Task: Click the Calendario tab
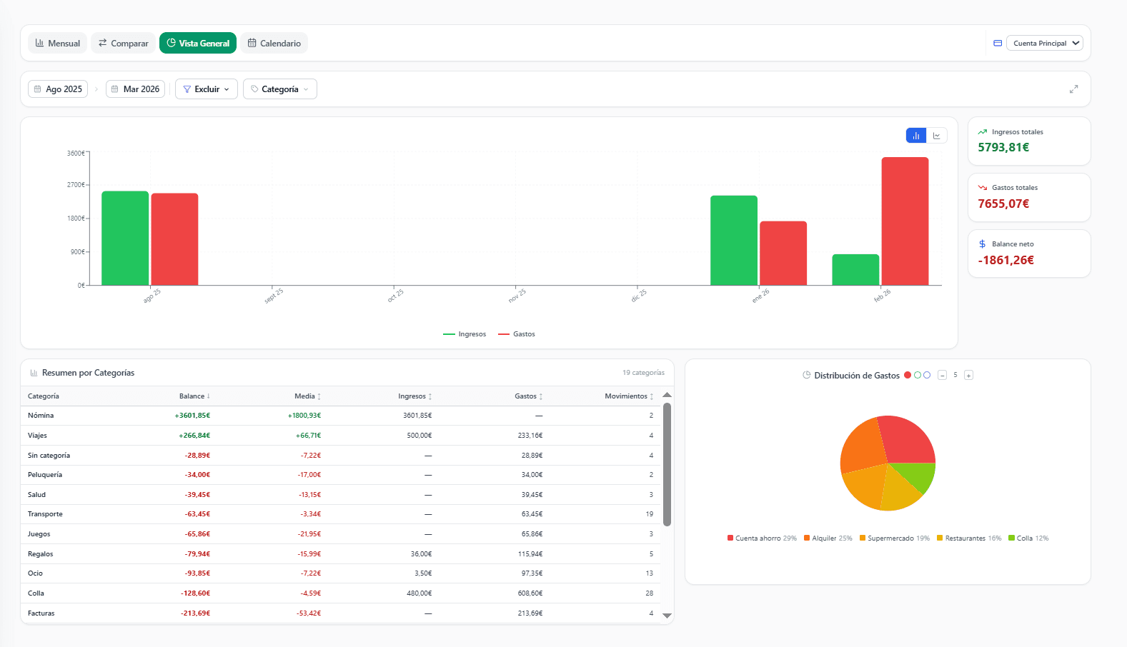(x=274, y=44)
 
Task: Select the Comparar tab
(x=123, y=44)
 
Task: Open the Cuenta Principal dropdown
(x=1045, y=44)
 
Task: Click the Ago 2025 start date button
(x=58, y=89)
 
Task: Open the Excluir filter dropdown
(x=207, y=89)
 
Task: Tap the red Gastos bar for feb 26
(x=905, y=221)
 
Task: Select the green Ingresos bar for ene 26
(x=733, y=240)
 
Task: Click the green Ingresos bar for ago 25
(x=125, y=239)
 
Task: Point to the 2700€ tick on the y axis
(x=76, y=185)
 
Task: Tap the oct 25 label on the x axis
(x=395, y=296)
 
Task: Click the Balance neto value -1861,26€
(x=1006, y=260)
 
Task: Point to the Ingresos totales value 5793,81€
(x=1003, y=147)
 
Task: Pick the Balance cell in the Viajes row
(x=194, y=436)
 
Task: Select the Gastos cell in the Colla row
(x=530, y=593)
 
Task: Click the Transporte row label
(x=45, y=513)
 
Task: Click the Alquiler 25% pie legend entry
(x=828, y=538)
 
